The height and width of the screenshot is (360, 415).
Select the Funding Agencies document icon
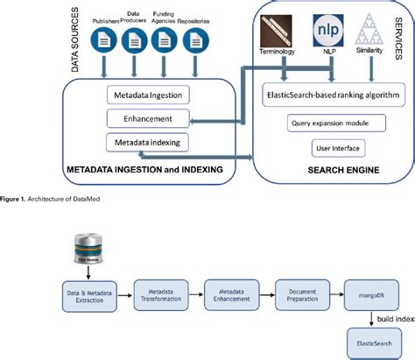coord(162,39)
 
